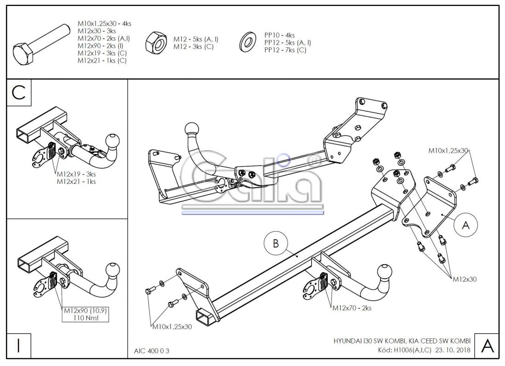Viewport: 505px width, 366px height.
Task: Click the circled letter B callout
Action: pos(276,244)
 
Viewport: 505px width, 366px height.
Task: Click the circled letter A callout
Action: pos(466,225)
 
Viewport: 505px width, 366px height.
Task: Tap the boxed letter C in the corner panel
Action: pos(19,92)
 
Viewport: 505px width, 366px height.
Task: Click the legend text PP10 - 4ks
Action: pos(280,35)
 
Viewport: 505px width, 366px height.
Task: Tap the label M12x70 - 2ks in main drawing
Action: pos(352,308)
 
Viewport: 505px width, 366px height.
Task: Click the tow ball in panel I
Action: pos(113,269)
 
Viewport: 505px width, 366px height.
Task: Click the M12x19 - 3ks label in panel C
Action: pos(76,174)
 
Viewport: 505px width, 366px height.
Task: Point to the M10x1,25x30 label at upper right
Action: pos(448,150)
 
